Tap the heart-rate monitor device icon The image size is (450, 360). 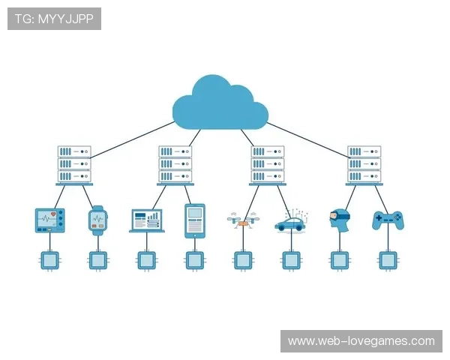50,220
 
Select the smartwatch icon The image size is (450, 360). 98,220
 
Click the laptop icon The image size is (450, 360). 146,220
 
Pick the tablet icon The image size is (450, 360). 195,220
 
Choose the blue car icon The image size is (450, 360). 289,222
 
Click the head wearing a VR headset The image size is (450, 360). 339,218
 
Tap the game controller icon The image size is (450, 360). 388,220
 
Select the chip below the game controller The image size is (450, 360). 388,260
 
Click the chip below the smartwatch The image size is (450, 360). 98,260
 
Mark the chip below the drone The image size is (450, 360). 242,260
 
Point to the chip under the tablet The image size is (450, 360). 195,260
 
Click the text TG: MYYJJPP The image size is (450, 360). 54,18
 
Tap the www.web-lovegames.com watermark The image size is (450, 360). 361,341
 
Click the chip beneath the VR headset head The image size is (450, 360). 339,260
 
